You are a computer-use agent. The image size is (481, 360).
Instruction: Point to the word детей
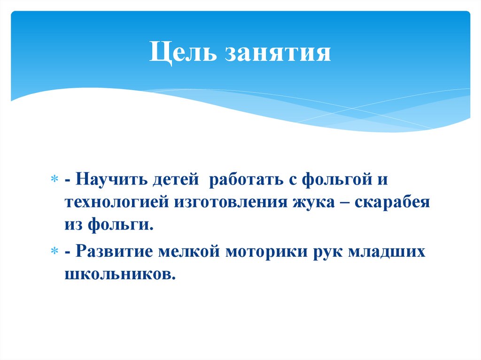(176, 181)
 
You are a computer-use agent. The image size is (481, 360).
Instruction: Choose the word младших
(387, 251)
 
